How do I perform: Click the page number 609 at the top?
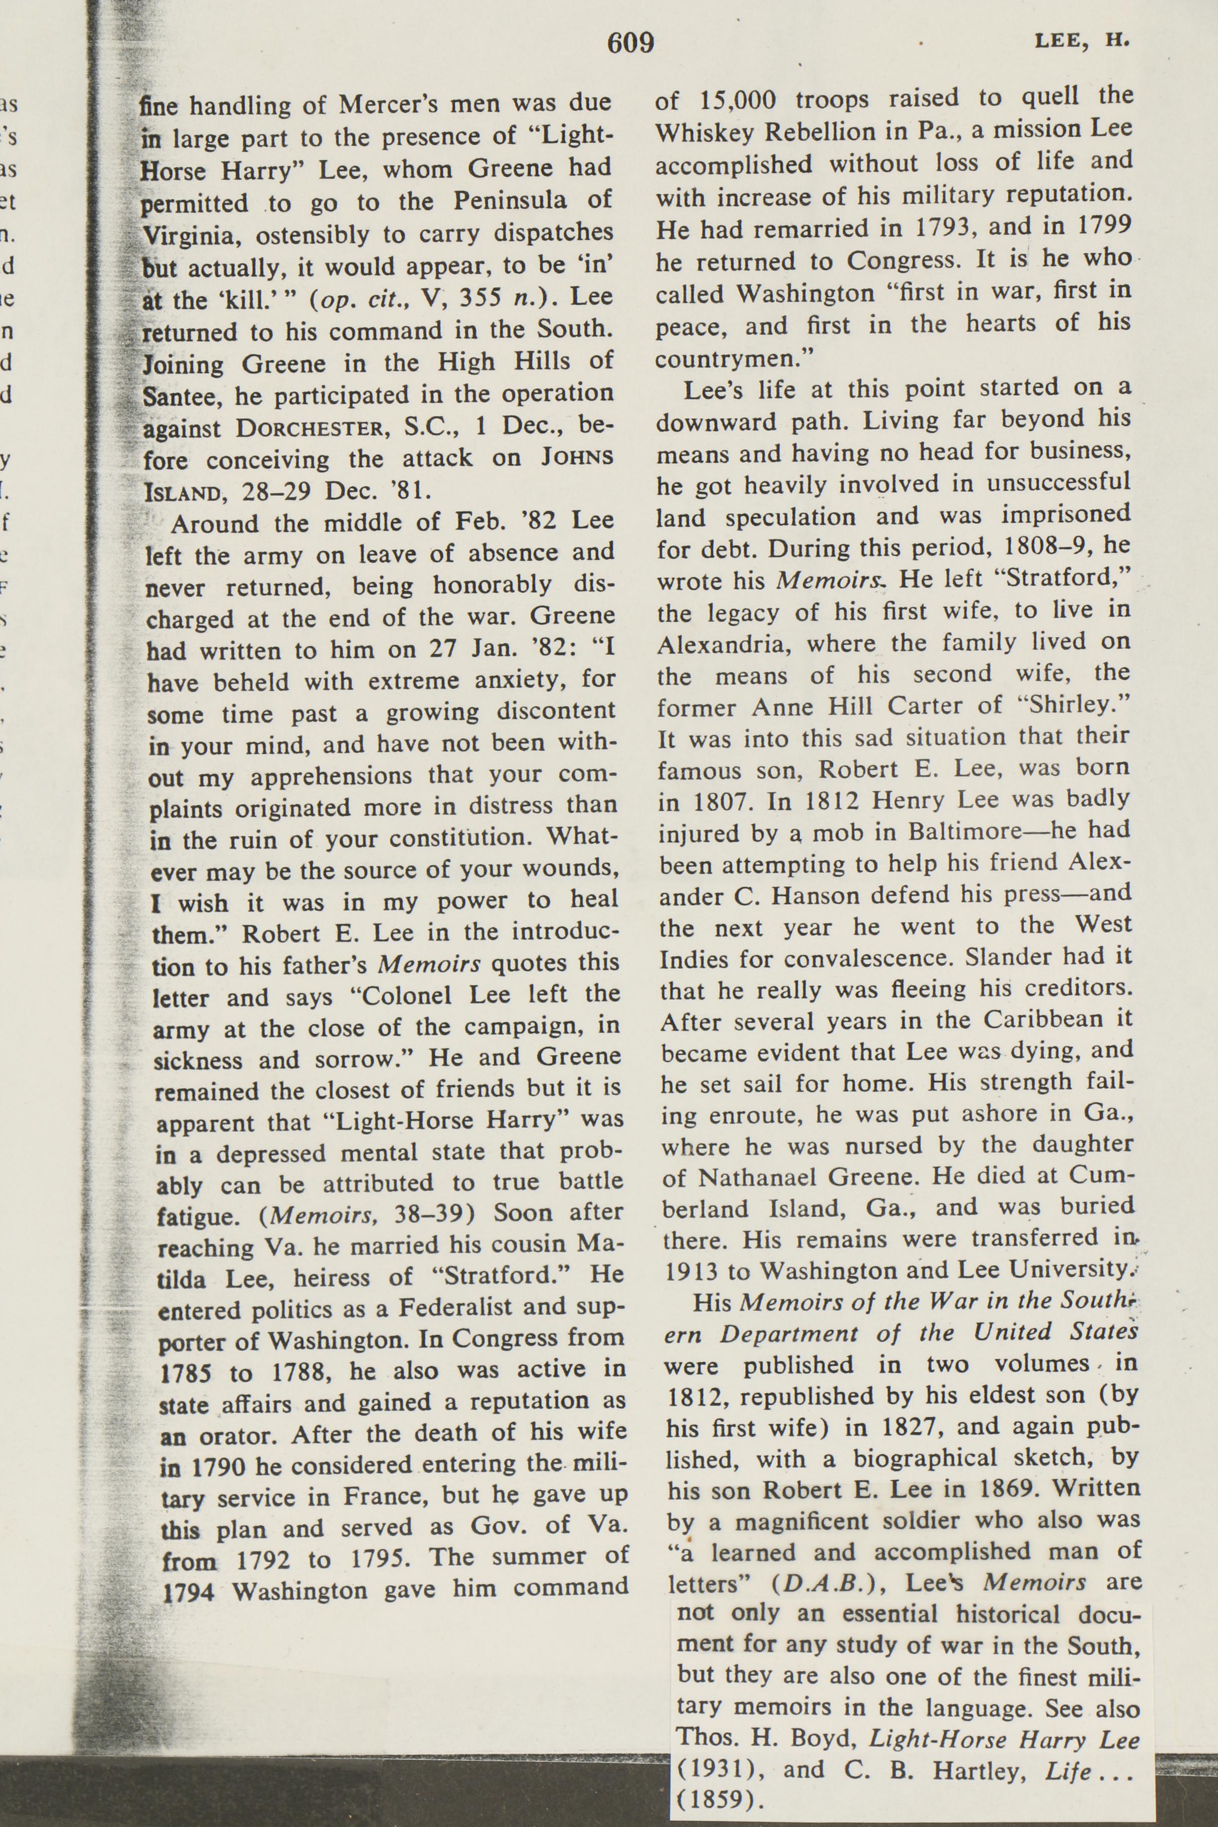630,43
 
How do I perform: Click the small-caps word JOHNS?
577,458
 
